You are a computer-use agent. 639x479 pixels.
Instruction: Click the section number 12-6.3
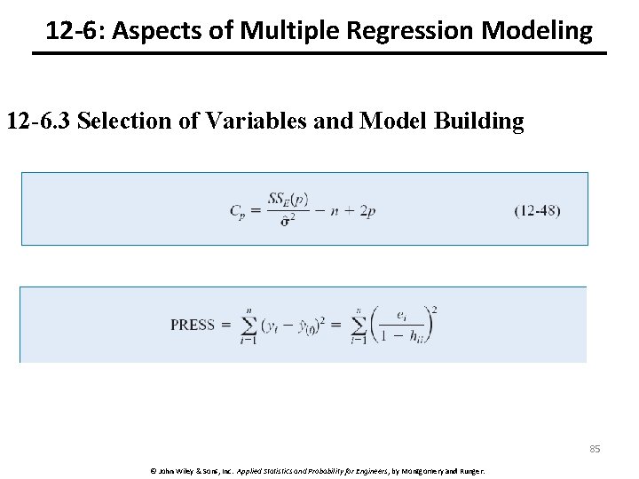pos(38,121)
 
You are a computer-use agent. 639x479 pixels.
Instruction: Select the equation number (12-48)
pos(537,210)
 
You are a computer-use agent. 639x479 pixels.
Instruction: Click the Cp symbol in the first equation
pos(237,211)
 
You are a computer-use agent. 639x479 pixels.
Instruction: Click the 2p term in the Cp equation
pos(367,211)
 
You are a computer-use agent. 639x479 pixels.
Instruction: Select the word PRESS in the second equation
pos(193,325)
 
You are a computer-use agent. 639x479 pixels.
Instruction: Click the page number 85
pos(595,449)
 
